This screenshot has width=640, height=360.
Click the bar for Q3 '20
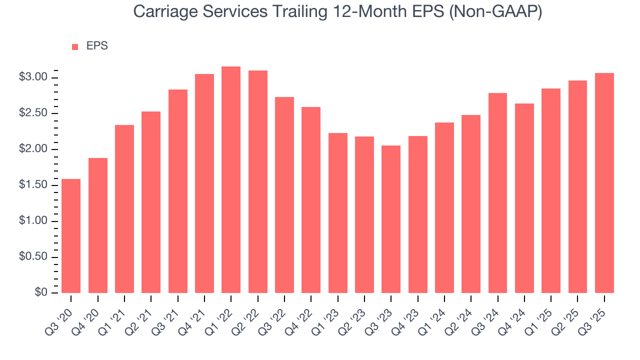pyautogui.click(x=71, y=236)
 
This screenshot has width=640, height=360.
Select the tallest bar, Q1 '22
pyautogui.click(x=231, y=180)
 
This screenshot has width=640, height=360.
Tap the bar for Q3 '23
pyautogui.click(x=391, y=219)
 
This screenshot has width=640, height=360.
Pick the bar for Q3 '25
pyautogui.click(x=604, y=183)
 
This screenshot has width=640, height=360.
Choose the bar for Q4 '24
pyautogui.click(x=524, y=198)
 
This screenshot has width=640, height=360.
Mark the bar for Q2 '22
pyautogui.click(x=258, y=181)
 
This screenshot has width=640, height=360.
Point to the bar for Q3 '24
pyautogui.click(x=497, y=193)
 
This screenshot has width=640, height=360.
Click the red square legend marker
pyautogui.click(x=75, y=47)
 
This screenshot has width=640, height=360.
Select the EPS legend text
pyautogui.click(x=97, y=46)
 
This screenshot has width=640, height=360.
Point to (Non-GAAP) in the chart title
pyautogui.click(x=494, y=12)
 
